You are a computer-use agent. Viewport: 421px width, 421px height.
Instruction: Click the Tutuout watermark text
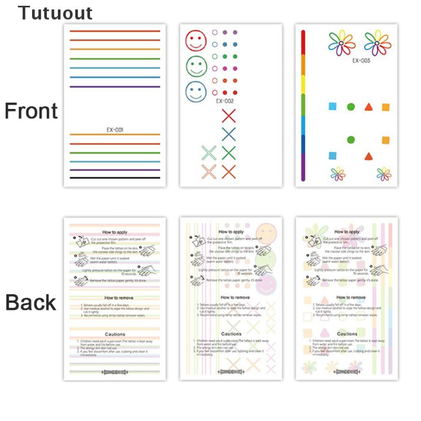(x=55, y=13)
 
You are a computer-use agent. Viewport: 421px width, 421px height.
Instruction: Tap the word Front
(x=31, y=111)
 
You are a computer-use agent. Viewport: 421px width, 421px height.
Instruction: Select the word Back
(x=31, y=303)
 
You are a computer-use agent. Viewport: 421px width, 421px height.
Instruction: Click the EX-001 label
(x=115, y=130)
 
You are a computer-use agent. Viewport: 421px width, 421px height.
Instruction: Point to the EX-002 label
(x=225, y=101)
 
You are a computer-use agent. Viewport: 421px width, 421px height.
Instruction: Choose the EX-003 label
(x=361, y=60)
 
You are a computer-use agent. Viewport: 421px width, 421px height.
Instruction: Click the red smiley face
(x=196, y=40)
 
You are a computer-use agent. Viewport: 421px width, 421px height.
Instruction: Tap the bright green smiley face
(x=196, y=66)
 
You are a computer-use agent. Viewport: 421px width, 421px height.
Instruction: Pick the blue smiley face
(x=196, y=92)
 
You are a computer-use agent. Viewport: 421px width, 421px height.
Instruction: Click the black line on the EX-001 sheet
(x=115, y=178)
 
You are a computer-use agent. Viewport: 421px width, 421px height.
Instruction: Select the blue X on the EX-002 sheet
(x=229, y=134)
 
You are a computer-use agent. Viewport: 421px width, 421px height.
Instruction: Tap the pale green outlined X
(x=209, y=153)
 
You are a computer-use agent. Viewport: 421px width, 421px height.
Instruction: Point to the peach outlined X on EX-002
(x=209, y=171)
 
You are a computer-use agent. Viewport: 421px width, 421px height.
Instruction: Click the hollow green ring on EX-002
(x=214, y=56)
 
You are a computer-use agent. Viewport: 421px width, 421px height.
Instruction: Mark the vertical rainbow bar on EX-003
(x=303, y=105)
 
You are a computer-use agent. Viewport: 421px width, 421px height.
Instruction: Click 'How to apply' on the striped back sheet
(x=115, y=232)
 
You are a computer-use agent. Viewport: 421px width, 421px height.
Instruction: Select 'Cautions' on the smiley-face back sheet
(x=231, y=334)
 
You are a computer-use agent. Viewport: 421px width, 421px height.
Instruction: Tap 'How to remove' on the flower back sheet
(x=351, y=297)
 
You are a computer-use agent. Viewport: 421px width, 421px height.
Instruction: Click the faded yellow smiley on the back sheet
(x=266, y=233)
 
